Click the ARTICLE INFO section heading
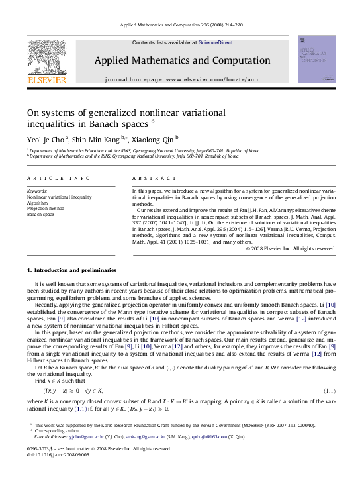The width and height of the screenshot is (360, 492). coord(50,179)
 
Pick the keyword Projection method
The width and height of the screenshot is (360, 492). coord(46,209)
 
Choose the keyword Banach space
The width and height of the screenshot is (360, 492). coord(40,215)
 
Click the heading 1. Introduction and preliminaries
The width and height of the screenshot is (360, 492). coord(71,270)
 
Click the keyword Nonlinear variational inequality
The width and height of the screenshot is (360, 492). coord(60,197)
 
